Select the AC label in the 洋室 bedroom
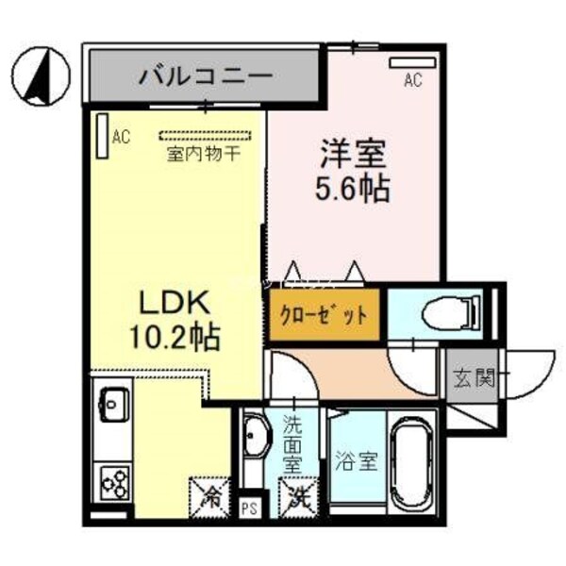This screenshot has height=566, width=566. (x=412, y=81)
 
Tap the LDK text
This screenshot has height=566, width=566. (x=173, y=304)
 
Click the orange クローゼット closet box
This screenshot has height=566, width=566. (x=324, y=315)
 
